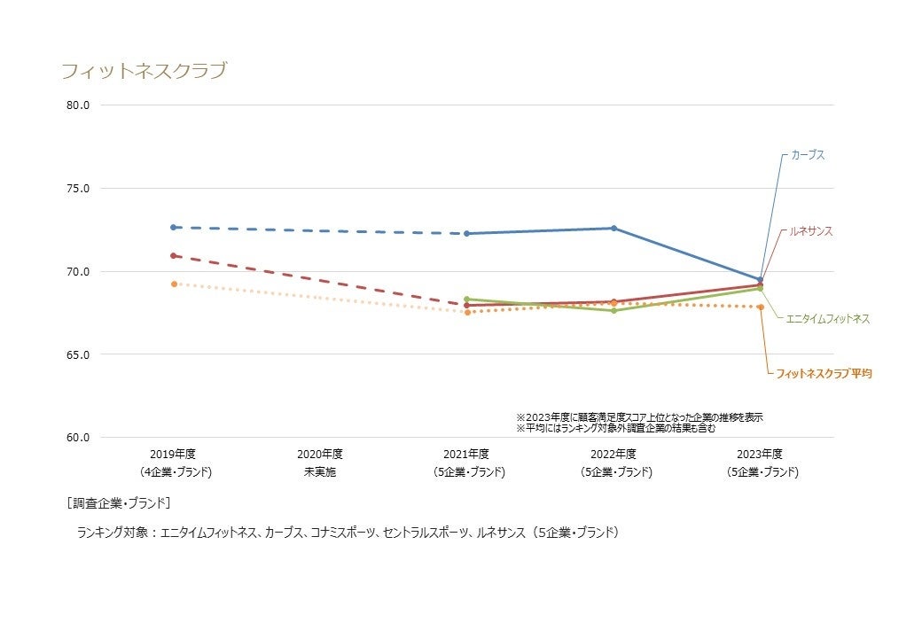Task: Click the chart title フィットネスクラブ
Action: pos(144,71)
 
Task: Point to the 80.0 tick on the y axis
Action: pos(78,105)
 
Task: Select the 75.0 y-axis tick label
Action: pos(78,189)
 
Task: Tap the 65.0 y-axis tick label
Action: pos(78,354)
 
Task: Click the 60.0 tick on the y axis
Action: pos(78,438)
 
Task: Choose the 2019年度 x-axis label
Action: pos(173,455)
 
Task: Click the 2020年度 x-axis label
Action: pos(320,455)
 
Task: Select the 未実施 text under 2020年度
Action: pos(320,472)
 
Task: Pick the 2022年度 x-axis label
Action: pos(613,455)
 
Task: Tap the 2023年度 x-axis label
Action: pos(761,455)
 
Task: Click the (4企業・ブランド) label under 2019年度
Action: pos(174,472)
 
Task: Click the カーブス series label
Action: pos(808,155)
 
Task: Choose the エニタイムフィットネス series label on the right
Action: pos(828,318)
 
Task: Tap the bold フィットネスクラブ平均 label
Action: pos(824,374)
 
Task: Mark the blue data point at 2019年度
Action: pos(174,228)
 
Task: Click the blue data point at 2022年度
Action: pos(613,229)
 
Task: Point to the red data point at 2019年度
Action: pos(174,256)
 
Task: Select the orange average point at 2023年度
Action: pos(761,307)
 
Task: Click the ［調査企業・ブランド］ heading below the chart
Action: pos(118,503)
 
